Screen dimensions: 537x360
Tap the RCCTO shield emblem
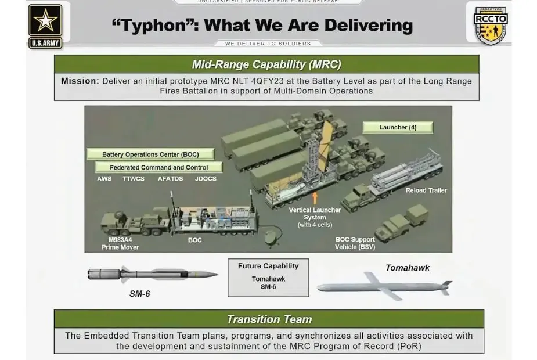point(491,26)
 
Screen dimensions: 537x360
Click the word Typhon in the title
point(154,26)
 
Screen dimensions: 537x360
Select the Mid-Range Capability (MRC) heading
point(266,64)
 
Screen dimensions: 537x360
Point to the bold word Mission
point(80,81)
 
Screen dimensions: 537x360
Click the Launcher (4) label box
point(398,127)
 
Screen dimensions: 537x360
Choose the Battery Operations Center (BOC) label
point(150,154)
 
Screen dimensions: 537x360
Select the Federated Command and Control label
point(158,167)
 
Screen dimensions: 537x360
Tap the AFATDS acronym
point(170,179)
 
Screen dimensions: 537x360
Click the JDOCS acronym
point(206,179)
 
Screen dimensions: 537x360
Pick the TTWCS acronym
point(134,179)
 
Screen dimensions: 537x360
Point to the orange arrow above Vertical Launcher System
point(315,198)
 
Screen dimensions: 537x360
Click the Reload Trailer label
point(426,190)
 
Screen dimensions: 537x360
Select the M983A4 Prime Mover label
point(120,243)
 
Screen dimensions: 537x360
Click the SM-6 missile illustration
point(153,275)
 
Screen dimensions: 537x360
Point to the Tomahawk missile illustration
point(384,286)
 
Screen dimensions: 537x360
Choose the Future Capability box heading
point(268,266)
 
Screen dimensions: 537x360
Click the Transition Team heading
point(269,319)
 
